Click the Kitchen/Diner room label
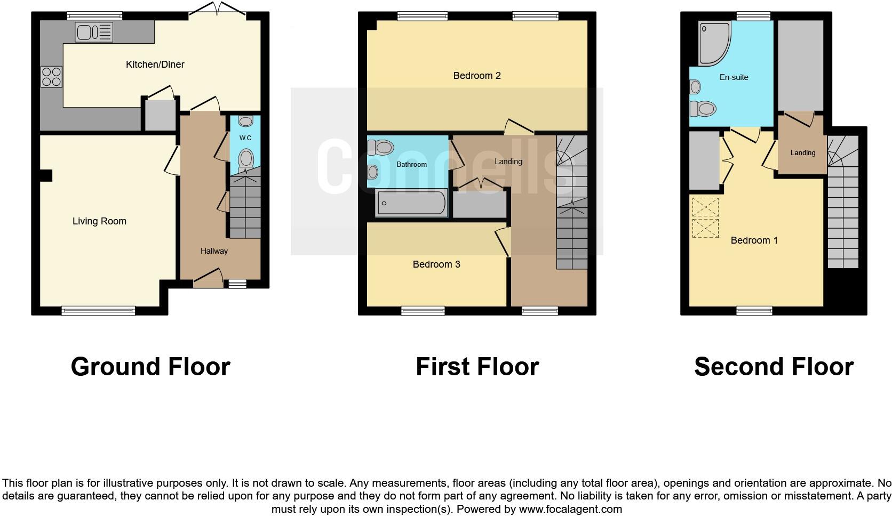click(x=155, y=64)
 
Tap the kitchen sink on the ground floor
click(x=94, y=32)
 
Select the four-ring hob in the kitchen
click(x=51, y=76)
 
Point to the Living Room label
click(x=99, y=221)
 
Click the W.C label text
click(x=245, y=138)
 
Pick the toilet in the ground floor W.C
click(x=246, y=158)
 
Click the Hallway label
click(x=214, y=251)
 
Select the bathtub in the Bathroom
click(x=411, y=203)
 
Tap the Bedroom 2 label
click(x=477, y=76)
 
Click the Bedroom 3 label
click(x=436, y=264)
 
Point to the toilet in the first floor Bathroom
click(x=381, y=147)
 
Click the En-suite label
click(x=734, y=77)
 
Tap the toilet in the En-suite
click(x=703, y=109)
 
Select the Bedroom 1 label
click(x=754, y=240)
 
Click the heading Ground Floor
click(x=150, y=367)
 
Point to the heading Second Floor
click(x=774, y=367)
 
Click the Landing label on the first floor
click(x=508, y=162)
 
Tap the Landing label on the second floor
click(x=802, y=153)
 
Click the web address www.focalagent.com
click(x=570, y=509)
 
